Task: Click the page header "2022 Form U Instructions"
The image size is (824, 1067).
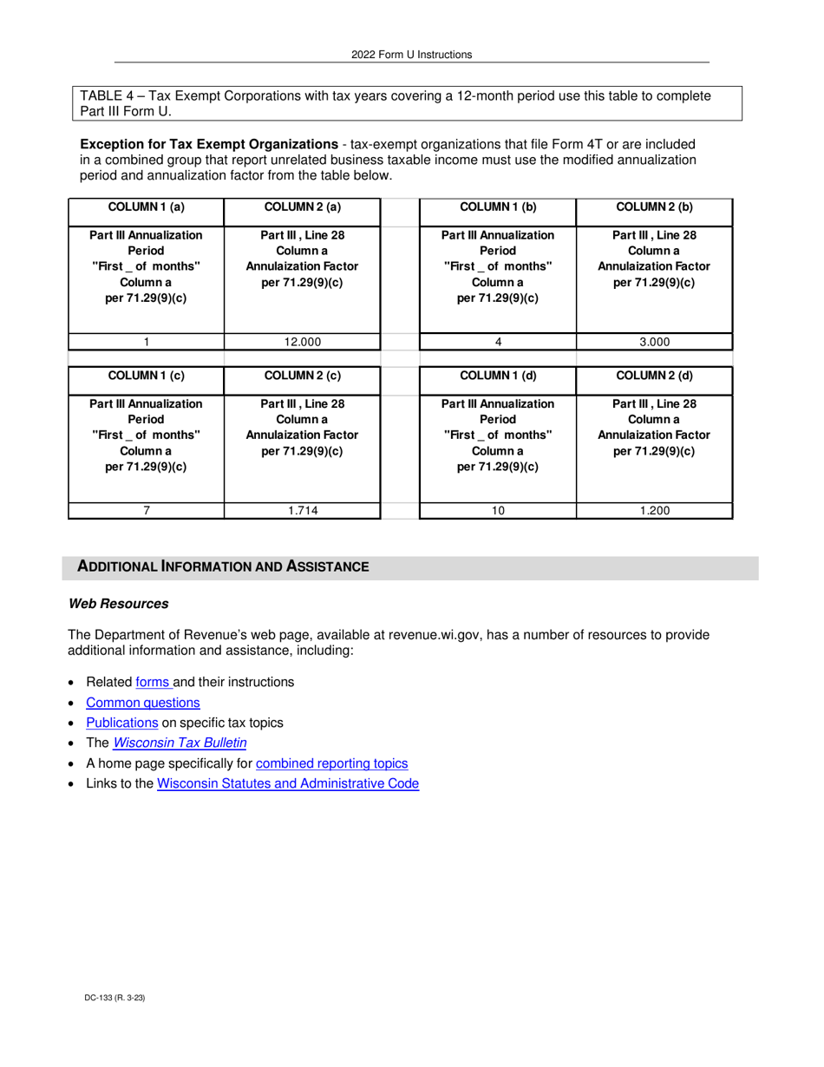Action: (x=411, y=55)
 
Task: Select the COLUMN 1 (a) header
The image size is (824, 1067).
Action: (x=146, y=206)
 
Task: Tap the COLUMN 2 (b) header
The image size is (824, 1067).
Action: (x=654, y=206)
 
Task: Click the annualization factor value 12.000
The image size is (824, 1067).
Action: (x=303, y=342)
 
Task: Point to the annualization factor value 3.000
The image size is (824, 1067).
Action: (x=654, y=342)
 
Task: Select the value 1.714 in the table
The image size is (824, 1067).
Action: (x=303, y=511)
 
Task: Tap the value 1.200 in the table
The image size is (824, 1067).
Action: (x=654, y=511)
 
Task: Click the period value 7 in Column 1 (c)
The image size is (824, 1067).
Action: (x=146, y=511)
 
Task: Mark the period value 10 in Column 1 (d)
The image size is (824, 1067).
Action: (x=498, y=511)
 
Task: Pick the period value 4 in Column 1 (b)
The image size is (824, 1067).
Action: (x=498, y=342)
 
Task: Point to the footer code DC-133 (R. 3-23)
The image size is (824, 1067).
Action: (x=108, y=998)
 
